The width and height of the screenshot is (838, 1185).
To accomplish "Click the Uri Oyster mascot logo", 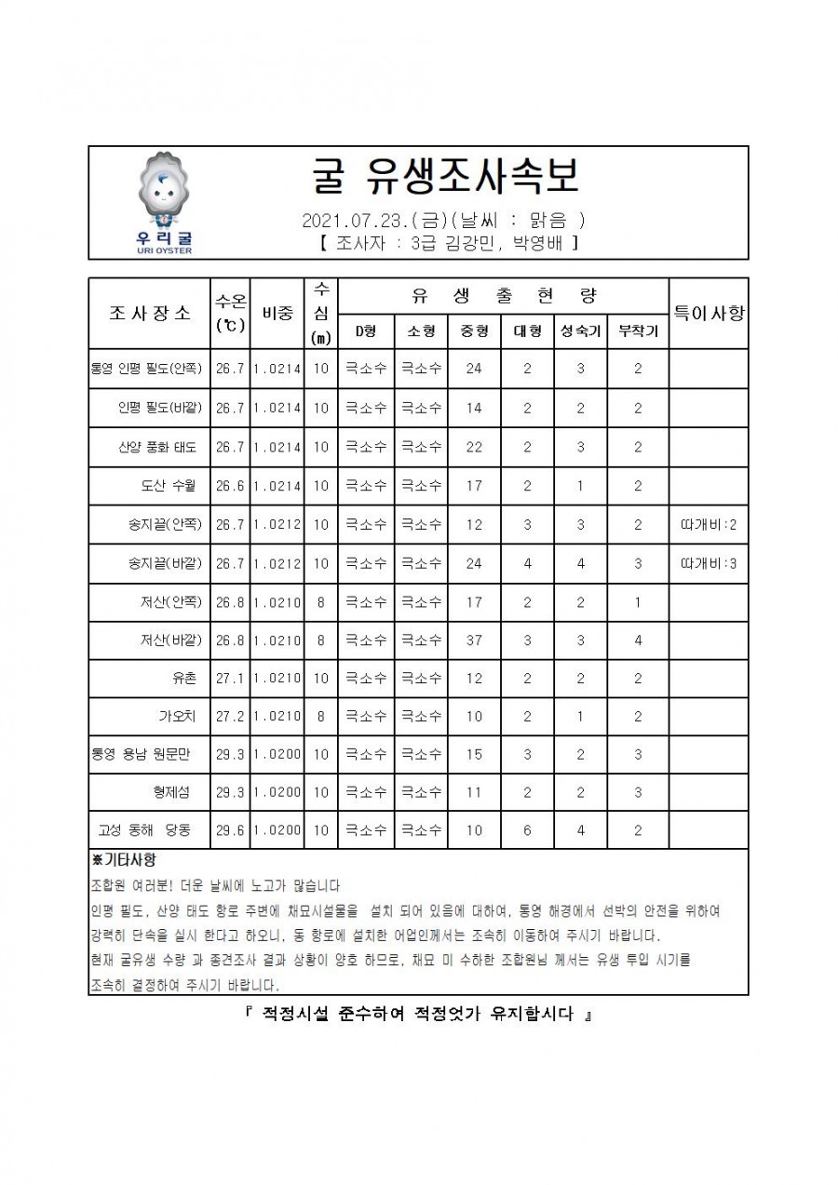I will (159, 201).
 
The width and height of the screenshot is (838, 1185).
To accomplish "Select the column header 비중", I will (277, 313).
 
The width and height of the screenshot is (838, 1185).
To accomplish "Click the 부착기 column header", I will (638, 331).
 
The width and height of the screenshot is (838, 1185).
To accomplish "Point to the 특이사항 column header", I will (709, 313).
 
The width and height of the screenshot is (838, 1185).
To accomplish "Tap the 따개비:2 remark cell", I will (709, 525).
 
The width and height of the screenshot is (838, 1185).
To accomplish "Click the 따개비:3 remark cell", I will (709, 563).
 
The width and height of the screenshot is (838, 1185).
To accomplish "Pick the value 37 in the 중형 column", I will (474, 640).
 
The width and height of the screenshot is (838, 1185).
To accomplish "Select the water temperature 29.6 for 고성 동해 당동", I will (229, 830).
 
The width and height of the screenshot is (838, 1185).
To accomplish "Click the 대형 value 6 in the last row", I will (527, 830).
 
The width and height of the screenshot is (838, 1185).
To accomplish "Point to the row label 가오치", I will (175, 717).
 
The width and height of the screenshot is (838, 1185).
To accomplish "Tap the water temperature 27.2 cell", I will (229, 717).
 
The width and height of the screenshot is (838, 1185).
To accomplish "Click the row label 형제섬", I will (171, 792).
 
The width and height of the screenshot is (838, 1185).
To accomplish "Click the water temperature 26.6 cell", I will (229, 486).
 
